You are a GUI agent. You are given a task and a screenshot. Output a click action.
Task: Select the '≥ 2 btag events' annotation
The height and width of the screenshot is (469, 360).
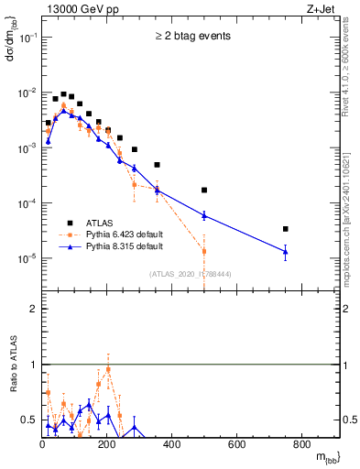191,37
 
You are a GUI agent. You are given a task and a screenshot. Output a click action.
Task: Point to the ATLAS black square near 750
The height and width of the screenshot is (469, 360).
286,229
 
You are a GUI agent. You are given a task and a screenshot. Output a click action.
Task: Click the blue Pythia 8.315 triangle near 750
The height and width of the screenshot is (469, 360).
286,252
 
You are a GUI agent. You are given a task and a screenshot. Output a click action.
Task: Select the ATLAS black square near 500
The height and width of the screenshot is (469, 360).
204,191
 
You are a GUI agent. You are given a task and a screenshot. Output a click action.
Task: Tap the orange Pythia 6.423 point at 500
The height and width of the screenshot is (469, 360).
204,251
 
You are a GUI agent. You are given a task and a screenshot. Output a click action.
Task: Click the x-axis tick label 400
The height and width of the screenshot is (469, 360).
172,444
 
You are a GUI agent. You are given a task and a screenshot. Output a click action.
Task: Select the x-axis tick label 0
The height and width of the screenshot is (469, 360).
42,444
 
